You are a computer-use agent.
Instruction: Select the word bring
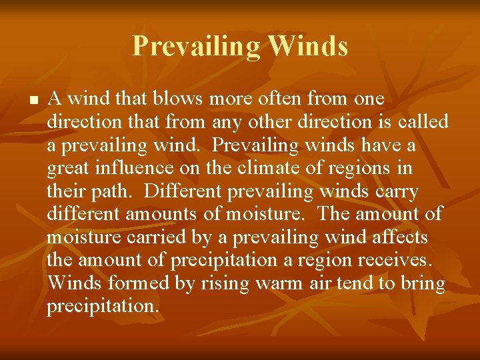423,284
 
